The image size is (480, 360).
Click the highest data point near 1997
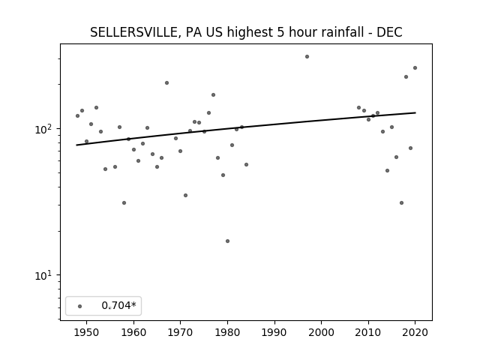[x=307, y=57]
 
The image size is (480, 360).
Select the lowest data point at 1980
[x=227, y=241]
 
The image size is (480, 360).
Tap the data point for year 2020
[x=415, y=68]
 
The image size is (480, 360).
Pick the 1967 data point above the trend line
[x=166, y=83]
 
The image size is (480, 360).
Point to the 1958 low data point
[x=124, y=203]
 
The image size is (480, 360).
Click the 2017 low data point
[x=402, y=203]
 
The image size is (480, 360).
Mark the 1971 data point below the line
[x=185, y=195]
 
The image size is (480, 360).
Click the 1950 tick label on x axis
[x=87, y=332]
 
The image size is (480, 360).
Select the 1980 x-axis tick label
[x=227, y=332]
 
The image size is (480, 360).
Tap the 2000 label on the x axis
[x=322, y=332]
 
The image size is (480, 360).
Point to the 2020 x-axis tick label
[x=415, y=332]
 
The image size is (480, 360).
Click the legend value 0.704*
[x=118, y=305]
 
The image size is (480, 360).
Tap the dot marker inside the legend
[x=80, y=307]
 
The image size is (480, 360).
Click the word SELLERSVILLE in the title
[x=133, y=32]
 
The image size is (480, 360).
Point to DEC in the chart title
[x=389, y=32]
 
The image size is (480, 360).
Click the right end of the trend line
[x=415, y=112]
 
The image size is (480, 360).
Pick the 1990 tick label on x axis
[x=274, y=332]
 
